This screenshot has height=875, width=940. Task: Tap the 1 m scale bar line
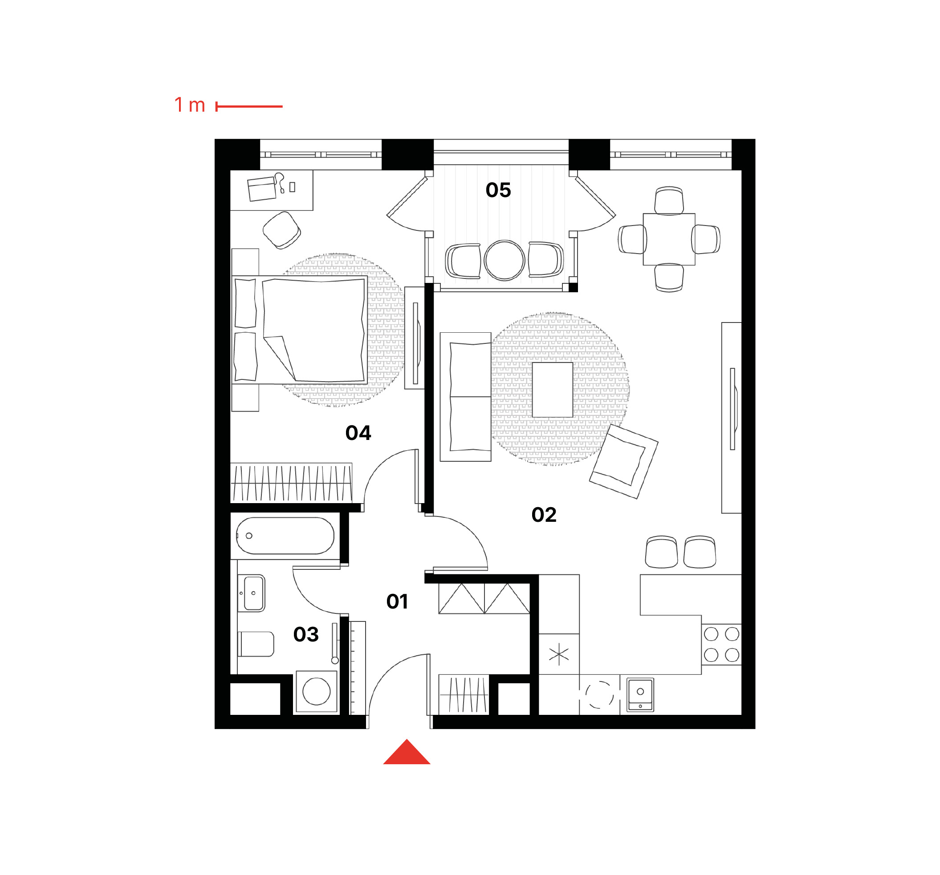[249, 107]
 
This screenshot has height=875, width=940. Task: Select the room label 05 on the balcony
[498, 190]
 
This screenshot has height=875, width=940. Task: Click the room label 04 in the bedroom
[358, 433]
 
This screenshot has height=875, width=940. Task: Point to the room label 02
[544, 515]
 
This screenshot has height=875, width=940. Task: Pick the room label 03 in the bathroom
[306, 634]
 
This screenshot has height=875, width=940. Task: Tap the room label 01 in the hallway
[397, 601]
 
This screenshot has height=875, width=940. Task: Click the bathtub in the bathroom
[285, 536]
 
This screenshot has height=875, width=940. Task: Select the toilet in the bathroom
[256, 644]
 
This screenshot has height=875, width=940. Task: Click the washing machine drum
[316, 692]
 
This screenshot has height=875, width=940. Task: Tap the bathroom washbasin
[254, 593]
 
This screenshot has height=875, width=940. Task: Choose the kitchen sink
[640, 694]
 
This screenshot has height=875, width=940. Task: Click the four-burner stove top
[721, 645]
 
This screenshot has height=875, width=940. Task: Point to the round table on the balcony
[505, 260]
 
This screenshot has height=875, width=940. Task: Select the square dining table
[669, 239]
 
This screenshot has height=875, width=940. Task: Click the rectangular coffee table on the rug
[553, 390]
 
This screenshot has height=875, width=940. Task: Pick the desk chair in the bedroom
[282, 230]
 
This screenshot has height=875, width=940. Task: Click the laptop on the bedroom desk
[262, 189]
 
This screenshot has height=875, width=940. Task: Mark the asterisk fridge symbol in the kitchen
[559, 654]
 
